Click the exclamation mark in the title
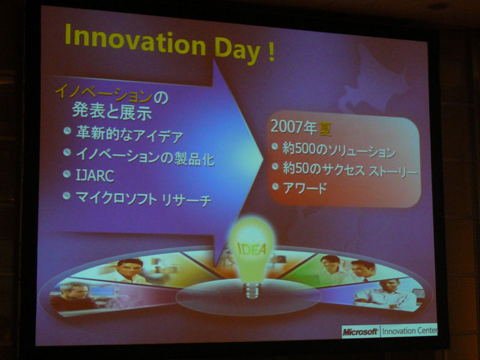[271, 52]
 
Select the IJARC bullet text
[95, 176]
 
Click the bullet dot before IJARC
[67, 174]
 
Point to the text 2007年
[293, 127]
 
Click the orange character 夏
[325, 129]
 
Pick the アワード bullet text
[305, 188]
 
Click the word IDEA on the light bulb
[251, 248]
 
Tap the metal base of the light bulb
[251, 290]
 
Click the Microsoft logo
[360, 332]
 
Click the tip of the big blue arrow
[263, 159]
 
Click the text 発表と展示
[112, 112]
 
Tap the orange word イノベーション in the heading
[103, 94]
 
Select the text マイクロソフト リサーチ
[143, 199]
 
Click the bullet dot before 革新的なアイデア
[67, 131]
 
